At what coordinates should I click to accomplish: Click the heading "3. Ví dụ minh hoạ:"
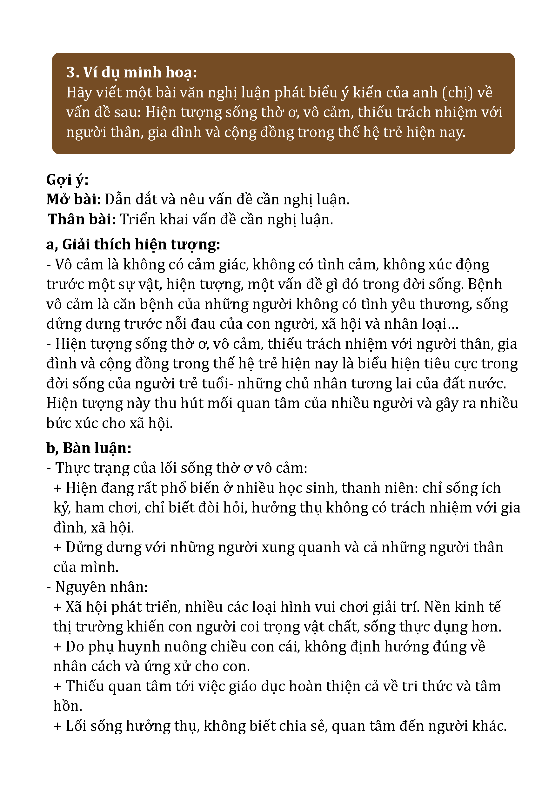point(131,72)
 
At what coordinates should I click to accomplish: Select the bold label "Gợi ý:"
point(67,180)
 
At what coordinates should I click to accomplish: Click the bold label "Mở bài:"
point(73,200)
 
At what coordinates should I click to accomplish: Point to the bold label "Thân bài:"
point(82,219)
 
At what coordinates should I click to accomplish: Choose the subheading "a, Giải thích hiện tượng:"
point(133,244)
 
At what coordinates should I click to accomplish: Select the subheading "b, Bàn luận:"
point(89,448)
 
